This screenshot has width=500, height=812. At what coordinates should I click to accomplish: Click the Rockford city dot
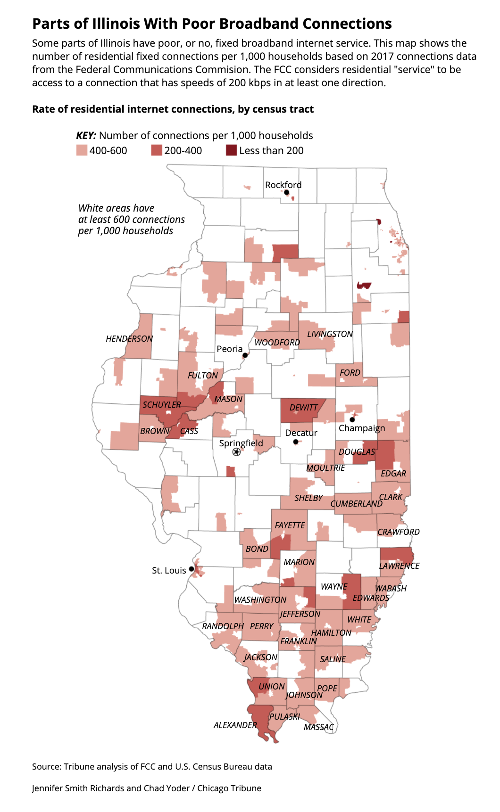(286, 192)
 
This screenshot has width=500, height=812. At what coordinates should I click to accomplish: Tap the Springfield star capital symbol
(236, 452)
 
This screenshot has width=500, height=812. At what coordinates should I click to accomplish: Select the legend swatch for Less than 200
(231, 150)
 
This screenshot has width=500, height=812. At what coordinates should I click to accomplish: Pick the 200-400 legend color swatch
(156, 150)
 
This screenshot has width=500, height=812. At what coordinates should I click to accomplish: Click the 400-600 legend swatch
(82, 150)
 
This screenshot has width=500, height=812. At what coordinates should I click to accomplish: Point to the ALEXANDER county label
(235, 725)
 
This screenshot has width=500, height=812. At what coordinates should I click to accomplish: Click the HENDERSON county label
(129, 338)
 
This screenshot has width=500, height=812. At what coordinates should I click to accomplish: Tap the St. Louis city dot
(192, 569)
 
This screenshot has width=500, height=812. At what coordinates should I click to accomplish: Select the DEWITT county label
(303, 407)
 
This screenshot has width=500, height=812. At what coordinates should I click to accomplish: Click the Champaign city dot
(352, 419)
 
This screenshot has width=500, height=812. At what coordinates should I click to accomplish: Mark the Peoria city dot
(245, 355)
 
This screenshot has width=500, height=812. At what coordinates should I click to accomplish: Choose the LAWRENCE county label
(399, 566)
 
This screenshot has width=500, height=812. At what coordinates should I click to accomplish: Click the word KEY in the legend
(86, 136)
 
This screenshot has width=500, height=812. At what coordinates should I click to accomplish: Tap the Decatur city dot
(295, 442)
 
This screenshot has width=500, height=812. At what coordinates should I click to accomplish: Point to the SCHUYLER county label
(162, 404)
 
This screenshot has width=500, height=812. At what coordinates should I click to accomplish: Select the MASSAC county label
(318, 727)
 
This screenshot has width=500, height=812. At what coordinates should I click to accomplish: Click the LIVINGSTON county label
(330, 334)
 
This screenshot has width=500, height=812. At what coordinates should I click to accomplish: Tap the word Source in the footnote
(46, 766)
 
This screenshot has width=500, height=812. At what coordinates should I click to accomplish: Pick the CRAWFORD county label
(398, 532)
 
